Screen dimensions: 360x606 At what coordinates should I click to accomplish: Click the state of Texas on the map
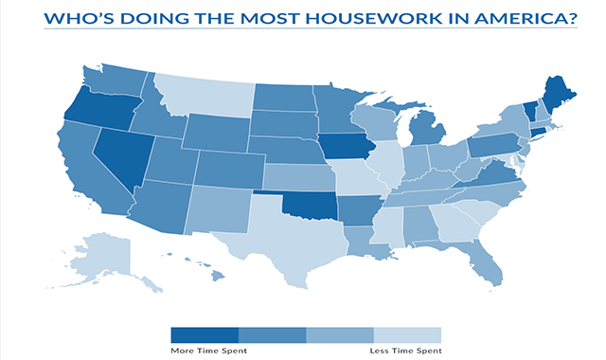pyautogui.click(x=284, y=237)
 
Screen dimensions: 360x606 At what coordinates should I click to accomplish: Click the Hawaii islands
pyautogui.click(x=216, y=276)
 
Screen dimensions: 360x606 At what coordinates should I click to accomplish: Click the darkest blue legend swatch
pyautogui.click(x=205, y=334)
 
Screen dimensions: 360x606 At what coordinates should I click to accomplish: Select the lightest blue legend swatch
pyautogui.click(x=408, y=334)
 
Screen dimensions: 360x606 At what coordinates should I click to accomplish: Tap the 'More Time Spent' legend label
pyautogui.click(x=204, y=351)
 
